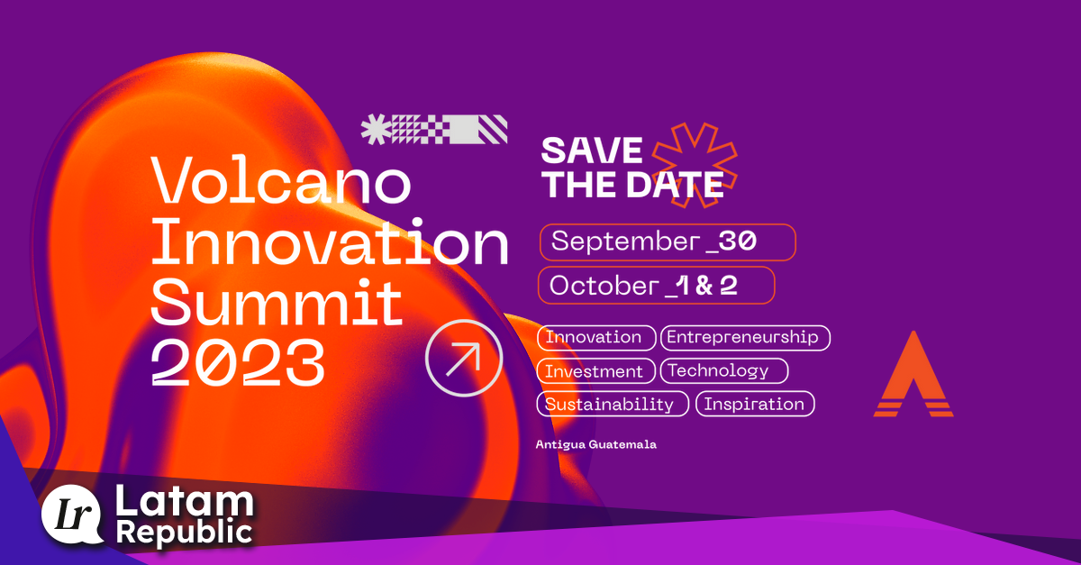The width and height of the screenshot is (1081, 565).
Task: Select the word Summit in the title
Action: pos(277,302)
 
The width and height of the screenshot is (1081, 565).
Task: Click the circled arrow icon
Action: pos(464,358)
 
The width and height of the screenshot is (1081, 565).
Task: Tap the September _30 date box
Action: pos(668,241)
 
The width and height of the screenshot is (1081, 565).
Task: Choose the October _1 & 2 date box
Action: pos(657,285)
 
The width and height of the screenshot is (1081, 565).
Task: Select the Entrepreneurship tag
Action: pos(745,338)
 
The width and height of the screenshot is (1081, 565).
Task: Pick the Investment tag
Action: pos(596,370)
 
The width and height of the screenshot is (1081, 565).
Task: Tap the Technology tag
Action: pos(723,370)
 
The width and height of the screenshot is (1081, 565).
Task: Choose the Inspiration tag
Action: pos(755,404)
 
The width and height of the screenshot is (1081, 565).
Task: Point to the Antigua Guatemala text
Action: pos(595,445)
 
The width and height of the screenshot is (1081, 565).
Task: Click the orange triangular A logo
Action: pos(913,376)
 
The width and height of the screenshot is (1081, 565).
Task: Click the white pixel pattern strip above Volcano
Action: pos(434,130)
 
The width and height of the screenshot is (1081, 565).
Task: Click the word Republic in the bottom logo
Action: pos(185,533)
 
